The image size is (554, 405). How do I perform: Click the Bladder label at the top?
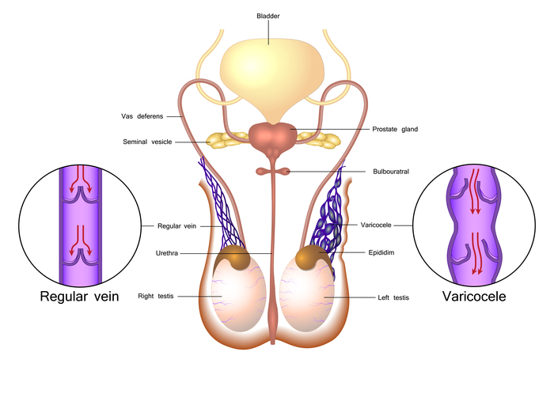[x=268, y=16]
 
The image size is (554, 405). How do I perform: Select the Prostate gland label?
[x=395, y=129]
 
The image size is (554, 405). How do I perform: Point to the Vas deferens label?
[x=142, y=116]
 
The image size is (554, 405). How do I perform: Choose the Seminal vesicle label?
[x=147, y=142]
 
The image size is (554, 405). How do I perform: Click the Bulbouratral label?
[x=391, y=172]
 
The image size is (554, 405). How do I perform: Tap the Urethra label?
[x=167, y=253]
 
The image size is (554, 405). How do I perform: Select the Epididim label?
[x=381, y=252]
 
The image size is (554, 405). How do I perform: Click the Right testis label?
[x=156, y=296]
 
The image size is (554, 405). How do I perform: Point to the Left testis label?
[x=393, y=297]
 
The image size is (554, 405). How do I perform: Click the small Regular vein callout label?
[x=176, y=226]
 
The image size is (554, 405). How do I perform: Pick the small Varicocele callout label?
[x=376, y=225]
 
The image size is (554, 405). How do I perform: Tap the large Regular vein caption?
[x=79, y=297]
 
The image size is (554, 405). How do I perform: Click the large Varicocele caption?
[x=474, y=297]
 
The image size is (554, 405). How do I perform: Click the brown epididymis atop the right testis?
[x=234, y=258]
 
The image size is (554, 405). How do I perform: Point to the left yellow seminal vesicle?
[x=227, y=140]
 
